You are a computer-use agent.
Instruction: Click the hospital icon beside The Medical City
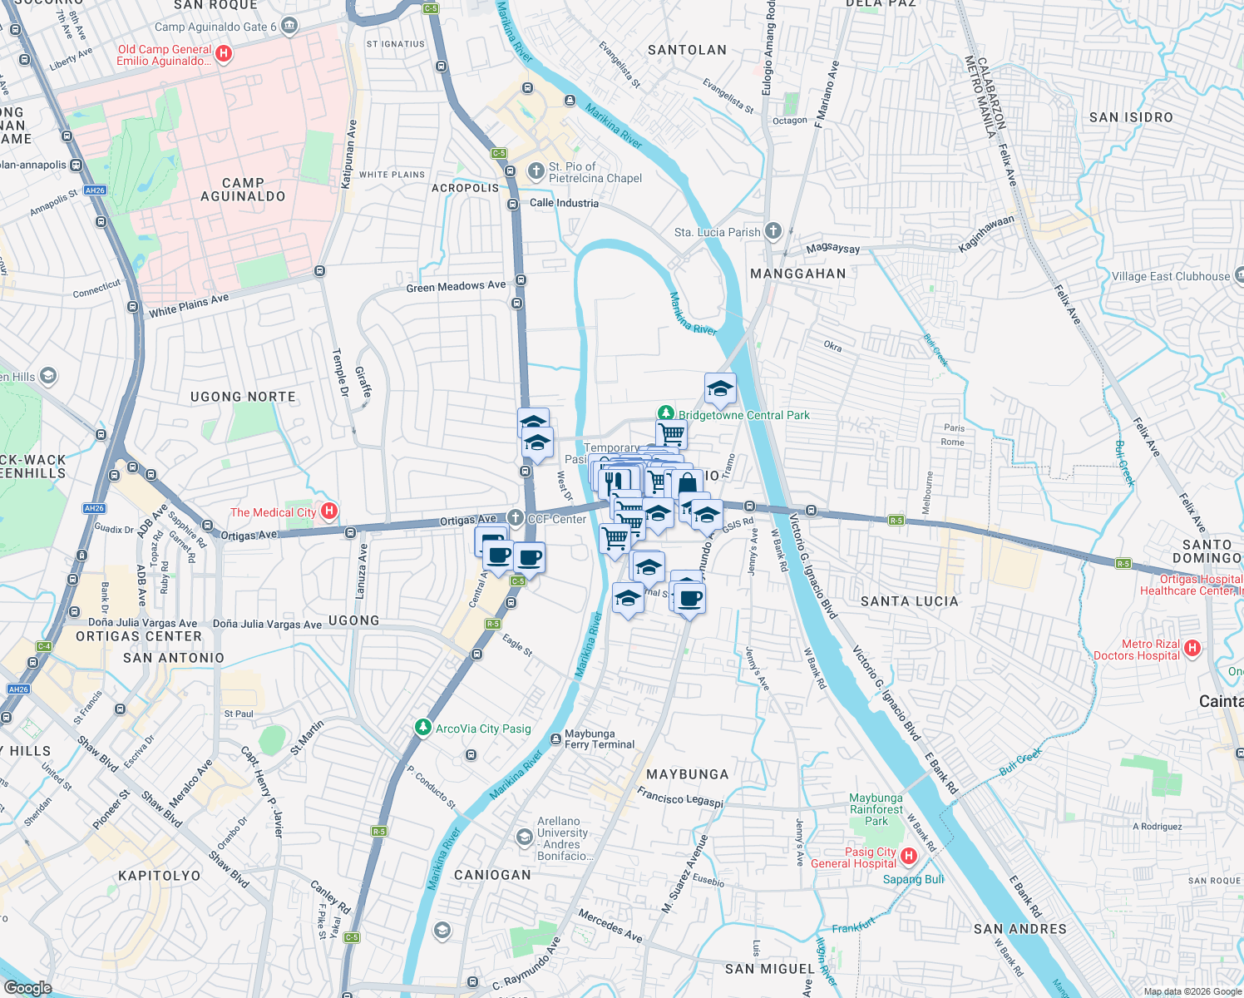pyautogui.click(x=329, y=511)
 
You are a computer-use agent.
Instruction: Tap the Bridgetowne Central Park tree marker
pyautogui.click(x=665, y=413)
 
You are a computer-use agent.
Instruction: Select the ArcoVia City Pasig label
pyautogui.click(x=483, y=729)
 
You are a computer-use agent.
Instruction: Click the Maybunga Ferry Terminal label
pyautogui.click(x=599, y=739)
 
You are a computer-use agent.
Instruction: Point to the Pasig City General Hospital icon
pyautogui.click(x=909, y=856)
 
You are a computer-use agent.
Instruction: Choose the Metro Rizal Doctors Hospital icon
pyautogui.click(x=1192, y=648)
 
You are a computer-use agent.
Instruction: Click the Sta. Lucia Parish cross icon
pyautogui.click(x=773, y=231)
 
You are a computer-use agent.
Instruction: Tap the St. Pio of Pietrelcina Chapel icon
pyautogui.click(x=536, y=171)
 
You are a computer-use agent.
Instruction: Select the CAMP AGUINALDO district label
pyautogui.click(x=243, y=190)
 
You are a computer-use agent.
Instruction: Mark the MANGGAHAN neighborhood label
pyautogui.click(x=798, y=274)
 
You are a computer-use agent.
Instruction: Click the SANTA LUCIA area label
pyautogui.click(x=909, y=601)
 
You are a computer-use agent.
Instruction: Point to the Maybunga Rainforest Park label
pyautogui.click(x=876, y=809)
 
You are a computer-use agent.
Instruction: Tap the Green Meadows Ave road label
pyautogui.click(x=456, y=287)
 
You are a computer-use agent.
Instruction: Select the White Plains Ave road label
pyautogui.click(x=189, y=306)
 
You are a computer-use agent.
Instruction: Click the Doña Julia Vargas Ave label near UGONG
pyautogui.click(x=267, y=624)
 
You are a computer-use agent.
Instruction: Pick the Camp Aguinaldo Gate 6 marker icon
pyautogui.click(x=289, y=26)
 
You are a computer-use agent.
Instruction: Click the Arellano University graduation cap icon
pyautogui.click(x=524, y=837)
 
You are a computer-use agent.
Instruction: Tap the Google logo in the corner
pyautogui.click(x=27, y=987)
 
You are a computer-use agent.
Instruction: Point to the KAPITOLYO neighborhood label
pyautogui.click(x=160, y=876)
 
